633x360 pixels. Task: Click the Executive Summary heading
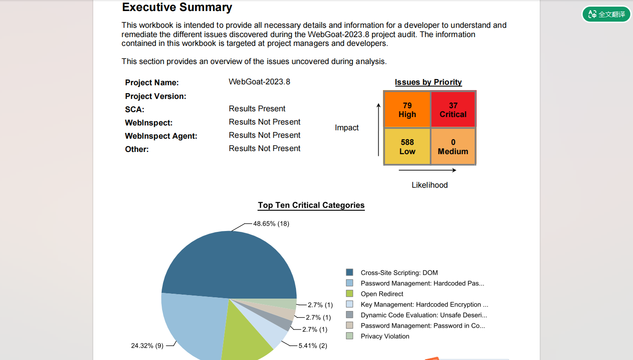(x=177, y=8)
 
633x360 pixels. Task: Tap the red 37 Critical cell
(x=453, y=110)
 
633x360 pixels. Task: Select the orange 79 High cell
(x=407, y=110)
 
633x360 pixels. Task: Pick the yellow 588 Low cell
(x=407, y=146)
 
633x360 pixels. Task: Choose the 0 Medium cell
(x=453, y=146)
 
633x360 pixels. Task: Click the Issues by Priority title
(x=428, y=82)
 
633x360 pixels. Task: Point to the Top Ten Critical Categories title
(x=311, y=205)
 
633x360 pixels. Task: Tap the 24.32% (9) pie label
(x=147, y=345)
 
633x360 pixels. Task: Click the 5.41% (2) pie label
(x=313, y=345)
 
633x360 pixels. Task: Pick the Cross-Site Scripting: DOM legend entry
(x=399, y=273)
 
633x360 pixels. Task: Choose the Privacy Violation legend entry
(x=385, y=336)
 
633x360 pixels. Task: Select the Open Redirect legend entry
(x=382, y=294)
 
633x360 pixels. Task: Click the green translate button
(x=606, y=14)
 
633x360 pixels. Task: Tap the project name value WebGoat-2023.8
(x=259, y=82)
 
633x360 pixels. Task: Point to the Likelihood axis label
(x=429, y=185)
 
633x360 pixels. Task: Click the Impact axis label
(x=347, y=128)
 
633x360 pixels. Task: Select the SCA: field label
(x=135, y=110)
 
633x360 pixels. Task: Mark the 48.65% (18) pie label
(x=271, y=224)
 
